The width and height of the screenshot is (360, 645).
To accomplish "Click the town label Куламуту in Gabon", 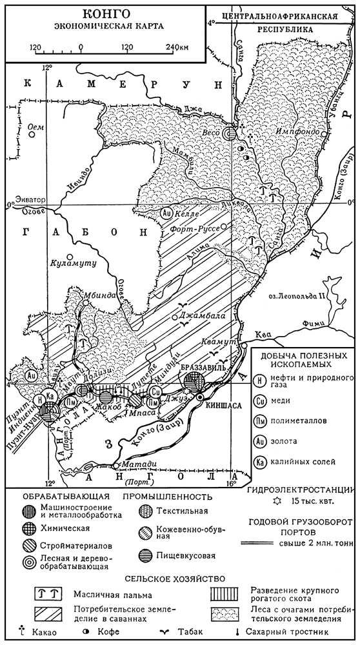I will click(x=72, y=263).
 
